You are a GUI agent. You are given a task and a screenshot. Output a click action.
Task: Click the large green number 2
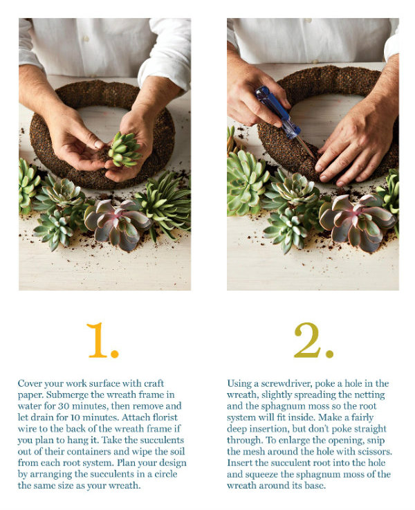[x=313, y=340]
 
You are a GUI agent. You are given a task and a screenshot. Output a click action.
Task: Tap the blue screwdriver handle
[x=277, y=111]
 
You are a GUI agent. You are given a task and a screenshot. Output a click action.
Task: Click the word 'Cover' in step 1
[x=30, y=383]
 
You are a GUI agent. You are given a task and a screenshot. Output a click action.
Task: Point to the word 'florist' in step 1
[x=165, y=417]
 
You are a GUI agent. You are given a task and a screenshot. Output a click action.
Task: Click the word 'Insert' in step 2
[x=240, y=462]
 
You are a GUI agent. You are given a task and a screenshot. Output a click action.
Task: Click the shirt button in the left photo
[x=86, y=39]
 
